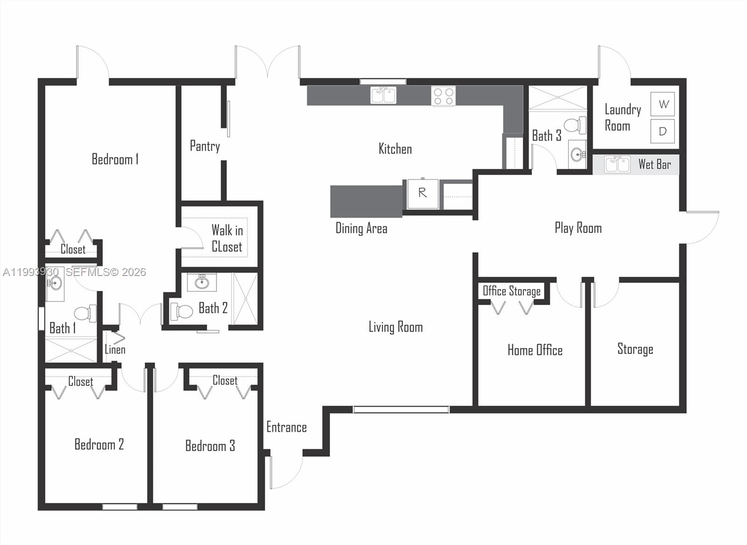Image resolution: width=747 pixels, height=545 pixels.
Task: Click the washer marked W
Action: (662, 104)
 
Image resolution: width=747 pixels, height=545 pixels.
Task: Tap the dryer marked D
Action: (662, 131)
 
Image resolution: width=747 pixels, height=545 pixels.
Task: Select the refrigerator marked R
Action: (423, 193)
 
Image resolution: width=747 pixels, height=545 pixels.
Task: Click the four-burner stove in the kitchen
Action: (443, 96)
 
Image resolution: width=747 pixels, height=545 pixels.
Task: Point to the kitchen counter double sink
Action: (383, 95)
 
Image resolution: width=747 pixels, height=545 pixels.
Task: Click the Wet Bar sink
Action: (617, 164)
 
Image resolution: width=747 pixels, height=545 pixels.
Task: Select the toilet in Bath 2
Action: (182, 311)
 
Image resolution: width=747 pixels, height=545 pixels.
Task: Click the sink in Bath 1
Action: (55, 283)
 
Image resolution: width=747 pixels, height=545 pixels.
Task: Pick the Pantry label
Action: (204, 146)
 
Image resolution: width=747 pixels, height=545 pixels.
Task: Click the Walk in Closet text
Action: (227, 238)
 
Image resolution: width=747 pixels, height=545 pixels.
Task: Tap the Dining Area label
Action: (361, 228)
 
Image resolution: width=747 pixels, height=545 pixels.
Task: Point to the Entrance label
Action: (286, 427)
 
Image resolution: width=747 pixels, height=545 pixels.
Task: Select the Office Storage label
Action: (511, 291)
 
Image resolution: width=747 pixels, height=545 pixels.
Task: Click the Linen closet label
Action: (115, 349)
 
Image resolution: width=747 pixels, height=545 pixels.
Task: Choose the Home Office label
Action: (535, 350)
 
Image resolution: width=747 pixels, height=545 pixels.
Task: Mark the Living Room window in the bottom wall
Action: (401, 410)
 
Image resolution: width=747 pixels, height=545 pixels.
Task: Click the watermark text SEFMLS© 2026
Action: (106, 272)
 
